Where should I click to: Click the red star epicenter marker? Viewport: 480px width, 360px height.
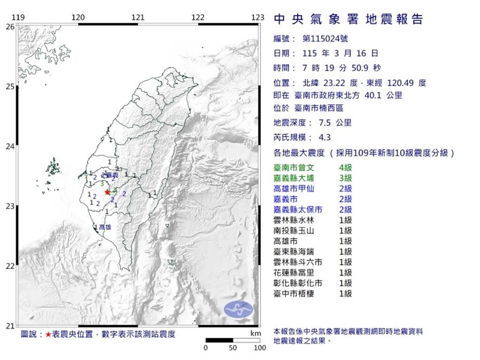click(107, 192)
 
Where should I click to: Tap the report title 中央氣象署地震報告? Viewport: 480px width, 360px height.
click(348, 19)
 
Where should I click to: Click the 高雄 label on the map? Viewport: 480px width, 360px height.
click(104, 227)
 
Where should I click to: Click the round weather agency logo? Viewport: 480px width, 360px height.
click(239, 308)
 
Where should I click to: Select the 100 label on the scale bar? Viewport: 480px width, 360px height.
click(259, 347)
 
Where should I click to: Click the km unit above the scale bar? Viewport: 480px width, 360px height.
click(256, 332)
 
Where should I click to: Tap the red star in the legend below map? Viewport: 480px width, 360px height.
click(47, 334)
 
